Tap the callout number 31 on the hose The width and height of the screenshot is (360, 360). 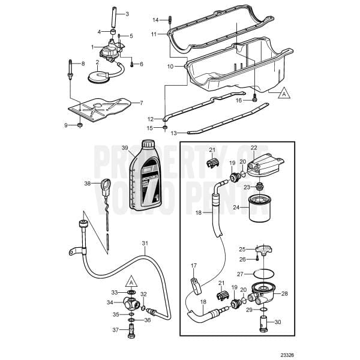coord(144,243)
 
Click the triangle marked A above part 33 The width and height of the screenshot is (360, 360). coord(131,281)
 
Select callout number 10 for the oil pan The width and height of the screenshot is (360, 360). coord(170,65)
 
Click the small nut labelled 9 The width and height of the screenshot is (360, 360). coord(79,125)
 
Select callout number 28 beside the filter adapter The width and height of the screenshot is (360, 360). coord(284,293)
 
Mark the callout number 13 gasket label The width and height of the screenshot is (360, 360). coord(175,132)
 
